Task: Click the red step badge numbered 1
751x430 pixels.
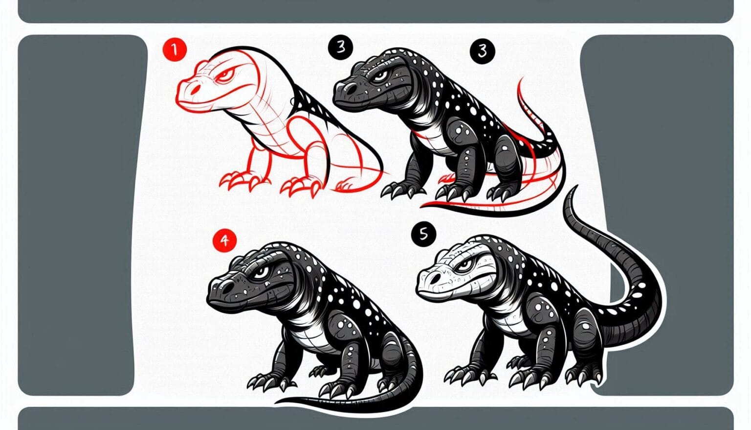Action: tap(174, 49)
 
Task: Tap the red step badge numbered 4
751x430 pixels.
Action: tap(224, 240)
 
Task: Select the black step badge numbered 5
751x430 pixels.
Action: tap(423, 234)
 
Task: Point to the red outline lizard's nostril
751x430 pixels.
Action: tap(195, 90)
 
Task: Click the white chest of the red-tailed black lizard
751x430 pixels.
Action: tap(430, 135)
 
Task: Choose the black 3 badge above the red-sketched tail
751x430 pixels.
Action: tap(483, 51)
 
